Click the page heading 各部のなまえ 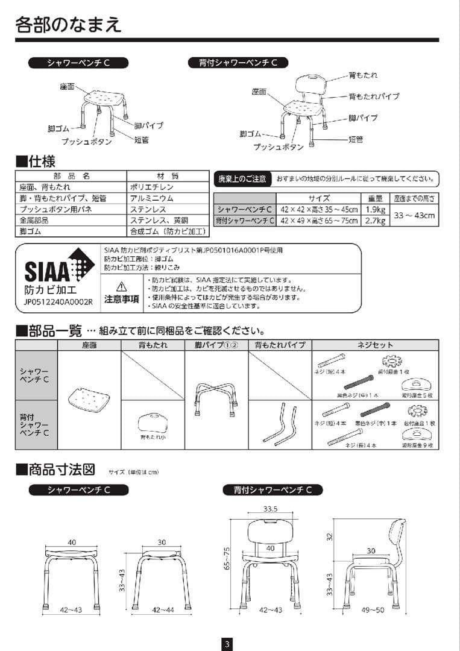coord(68,24)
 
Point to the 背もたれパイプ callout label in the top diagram coord(373,96)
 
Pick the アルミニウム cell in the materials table coord(151,198)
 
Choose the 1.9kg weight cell coord(376,209)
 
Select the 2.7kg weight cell coord(376,221)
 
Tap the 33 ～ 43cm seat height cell coord(414,215)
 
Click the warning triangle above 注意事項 coord(121,286)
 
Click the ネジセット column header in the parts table coord(375,345)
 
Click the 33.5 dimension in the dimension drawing coord(270,509)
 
